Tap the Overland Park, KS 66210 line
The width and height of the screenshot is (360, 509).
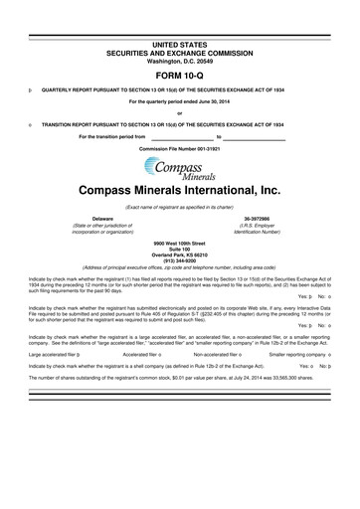[179, 255]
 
